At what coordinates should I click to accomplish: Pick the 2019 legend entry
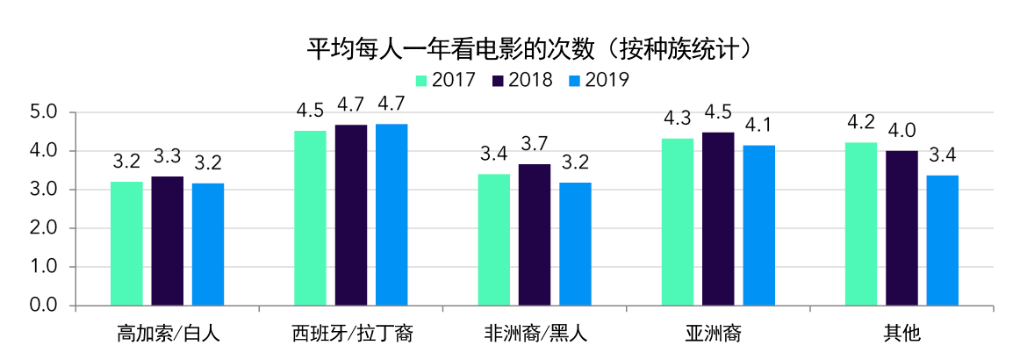(x=599, y=80)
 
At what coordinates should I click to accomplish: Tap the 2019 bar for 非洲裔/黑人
(x=576, y=244)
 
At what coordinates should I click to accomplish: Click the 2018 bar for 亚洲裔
(x=718, y=219)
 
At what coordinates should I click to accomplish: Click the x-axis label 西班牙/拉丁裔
(x=352, y=334)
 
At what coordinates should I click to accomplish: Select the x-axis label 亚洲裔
(x=718, y=334)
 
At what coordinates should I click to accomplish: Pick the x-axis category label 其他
(x=902, y=334)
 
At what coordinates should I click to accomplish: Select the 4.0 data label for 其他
(x=901, y=132)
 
